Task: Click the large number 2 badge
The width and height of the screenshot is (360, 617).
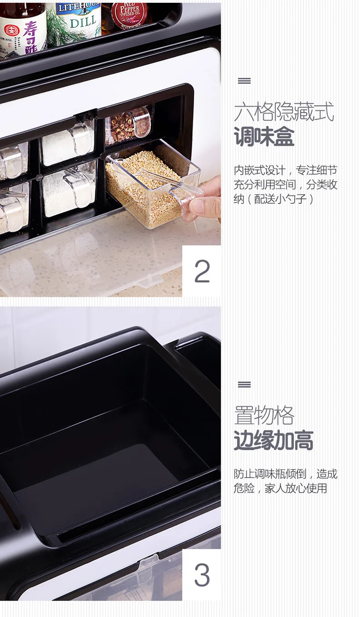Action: coord(202,271)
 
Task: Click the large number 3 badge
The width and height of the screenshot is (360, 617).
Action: coord(202,575)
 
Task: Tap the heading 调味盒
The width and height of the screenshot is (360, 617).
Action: coord(264,136)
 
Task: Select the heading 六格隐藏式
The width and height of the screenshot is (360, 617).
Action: coord(284,112)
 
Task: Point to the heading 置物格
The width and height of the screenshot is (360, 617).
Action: coord(264,416)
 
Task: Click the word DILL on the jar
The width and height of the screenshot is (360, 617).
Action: coord(82,21)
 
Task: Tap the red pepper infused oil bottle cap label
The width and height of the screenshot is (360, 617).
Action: coord(130,13)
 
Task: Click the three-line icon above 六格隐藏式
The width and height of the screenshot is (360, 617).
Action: coord(244,81)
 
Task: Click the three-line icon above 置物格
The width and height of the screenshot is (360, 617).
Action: coord(244,384)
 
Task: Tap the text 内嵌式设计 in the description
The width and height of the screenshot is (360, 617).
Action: coord(259,170)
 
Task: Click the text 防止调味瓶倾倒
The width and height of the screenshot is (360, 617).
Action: coord(270,474)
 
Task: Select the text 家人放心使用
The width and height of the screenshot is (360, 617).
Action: coord(296,488)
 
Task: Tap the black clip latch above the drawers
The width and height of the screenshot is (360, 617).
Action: coord(86,116)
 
